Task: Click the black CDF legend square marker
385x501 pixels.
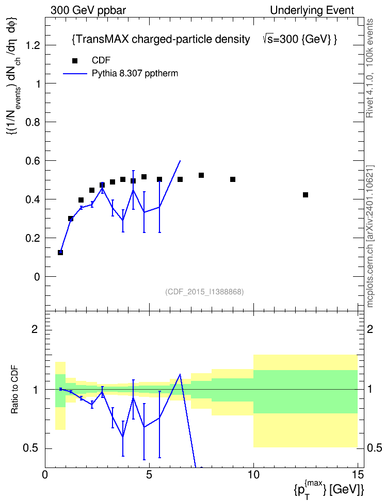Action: coord(75,61)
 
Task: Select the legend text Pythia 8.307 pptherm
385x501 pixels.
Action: coord(135,74)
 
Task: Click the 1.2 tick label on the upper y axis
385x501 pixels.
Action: coord(33,45)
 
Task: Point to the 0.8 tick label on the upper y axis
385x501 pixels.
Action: coord(33,122)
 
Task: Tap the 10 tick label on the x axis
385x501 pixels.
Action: coord(253,475)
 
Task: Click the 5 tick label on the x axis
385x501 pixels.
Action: coord(149,475)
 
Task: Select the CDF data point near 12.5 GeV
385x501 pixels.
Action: coord(306,195)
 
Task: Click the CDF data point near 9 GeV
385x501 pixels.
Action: coord(233,179)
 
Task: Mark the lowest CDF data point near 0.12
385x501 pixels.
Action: coord(60,253)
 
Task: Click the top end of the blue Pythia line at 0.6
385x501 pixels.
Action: coord(181,161)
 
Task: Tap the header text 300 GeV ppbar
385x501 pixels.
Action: coord(88,10)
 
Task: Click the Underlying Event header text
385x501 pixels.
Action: coord(312,10)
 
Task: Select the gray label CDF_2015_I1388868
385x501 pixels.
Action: coord(204,292)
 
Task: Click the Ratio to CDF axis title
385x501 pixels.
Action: coord(15,390)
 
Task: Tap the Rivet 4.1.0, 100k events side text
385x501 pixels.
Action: coord(370,68)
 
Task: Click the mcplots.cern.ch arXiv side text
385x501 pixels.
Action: coord(370,237)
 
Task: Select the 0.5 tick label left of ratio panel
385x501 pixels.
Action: coord(30,448)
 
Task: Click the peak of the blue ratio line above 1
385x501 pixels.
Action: coord(181,374)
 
